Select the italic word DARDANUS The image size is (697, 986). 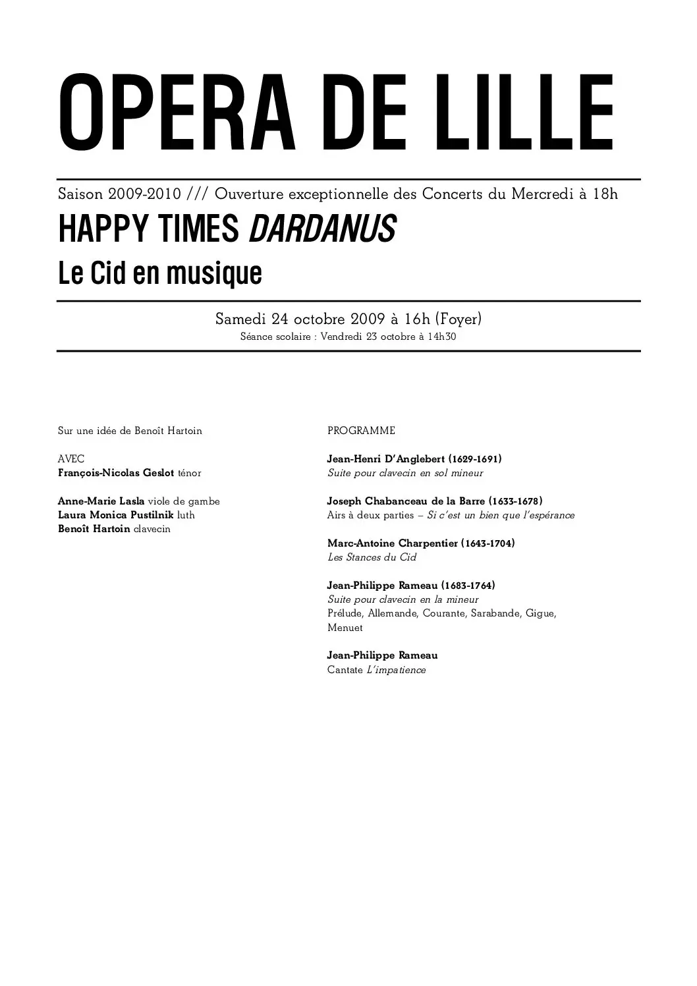coord(322,229)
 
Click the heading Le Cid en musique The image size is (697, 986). coord(160,273)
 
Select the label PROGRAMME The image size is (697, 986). coord(361,431)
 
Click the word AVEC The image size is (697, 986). coord(71,459)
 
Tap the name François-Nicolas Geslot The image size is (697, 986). coord(116,473)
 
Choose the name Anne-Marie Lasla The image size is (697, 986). coord(101,501)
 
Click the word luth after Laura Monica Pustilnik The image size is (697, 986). coord(186,515)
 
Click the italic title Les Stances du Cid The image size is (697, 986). coord(372,557)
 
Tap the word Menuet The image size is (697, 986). coord(345,628)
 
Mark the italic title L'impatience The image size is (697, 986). coord(396,670)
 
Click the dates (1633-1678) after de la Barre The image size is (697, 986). coord(516,501)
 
